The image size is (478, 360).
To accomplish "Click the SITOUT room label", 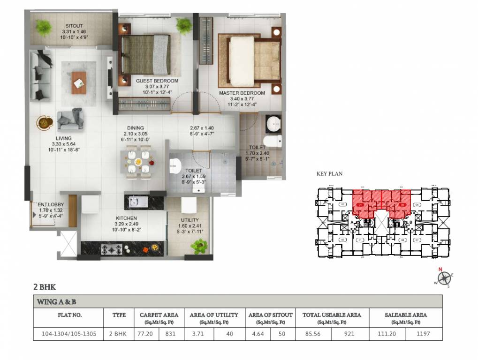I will (x=74, y=26).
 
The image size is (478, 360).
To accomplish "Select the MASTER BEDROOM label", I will (x=242, y=93).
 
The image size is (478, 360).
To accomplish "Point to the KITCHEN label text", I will (x=126, y=218).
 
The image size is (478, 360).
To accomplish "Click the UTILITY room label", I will (x=190, y=220).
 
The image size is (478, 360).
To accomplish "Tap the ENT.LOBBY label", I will (x=50, y=204).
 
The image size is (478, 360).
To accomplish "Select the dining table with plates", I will (x=138, y=162).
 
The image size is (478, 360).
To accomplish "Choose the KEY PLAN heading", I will (x=329, y=174).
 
